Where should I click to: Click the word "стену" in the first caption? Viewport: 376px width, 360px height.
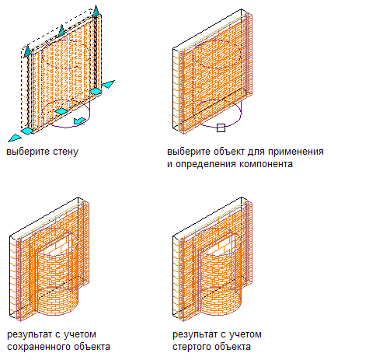[65, 152]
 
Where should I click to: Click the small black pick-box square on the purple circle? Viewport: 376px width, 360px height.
[221, 128]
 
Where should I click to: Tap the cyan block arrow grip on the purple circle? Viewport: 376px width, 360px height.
[79, 121]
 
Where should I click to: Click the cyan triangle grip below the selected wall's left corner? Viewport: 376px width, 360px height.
[15, 138]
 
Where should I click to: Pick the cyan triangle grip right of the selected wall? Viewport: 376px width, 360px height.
[108, 84]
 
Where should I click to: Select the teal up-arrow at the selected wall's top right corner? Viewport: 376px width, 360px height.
[96, 11]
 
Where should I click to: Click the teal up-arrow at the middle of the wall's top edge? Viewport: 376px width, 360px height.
[61, 30]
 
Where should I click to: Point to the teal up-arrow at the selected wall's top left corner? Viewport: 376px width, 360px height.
[27, 51]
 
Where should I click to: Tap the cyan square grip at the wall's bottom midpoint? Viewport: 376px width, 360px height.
[61, 111]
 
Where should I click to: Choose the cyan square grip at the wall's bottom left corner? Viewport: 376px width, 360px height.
[27, 131]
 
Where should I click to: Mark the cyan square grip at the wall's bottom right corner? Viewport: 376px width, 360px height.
[96, 91]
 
